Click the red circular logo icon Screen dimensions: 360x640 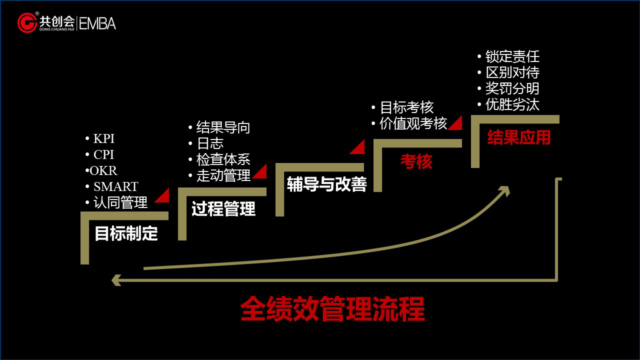[x=27, y=23]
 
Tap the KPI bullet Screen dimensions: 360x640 [x=103, y=139]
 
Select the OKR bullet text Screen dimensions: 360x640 [x=103, y=170]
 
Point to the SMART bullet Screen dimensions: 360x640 [x=115, y=186]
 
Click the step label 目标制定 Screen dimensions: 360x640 [x=126, y=233]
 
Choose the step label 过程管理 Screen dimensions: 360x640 [x=223, y=209]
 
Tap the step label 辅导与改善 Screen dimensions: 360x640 [x=326, y=184]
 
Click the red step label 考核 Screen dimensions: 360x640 [x=416, y=161]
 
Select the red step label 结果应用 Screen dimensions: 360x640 [x=518, y=137]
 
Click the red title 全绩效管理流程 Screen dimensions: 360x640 [x=332, y=309]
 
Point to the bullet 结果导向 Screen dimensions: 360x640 [x=223, y=127]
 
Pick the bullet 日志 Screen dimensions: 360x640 [x=210, y=143]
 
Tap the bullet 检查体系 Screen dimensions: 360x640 [x=223, y=159]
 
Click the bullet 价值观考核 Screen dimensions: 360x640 [x=413, y=123]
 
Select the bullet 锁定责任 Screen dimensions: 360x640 [x=512, y=56]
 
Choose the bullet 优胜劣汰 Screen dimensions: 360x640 [x=512, y=104]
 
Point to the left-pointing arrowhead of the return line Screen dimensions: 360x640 [x=116, y=280]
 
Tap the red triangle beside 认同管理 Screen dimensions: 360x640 [x=162, y=196]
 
